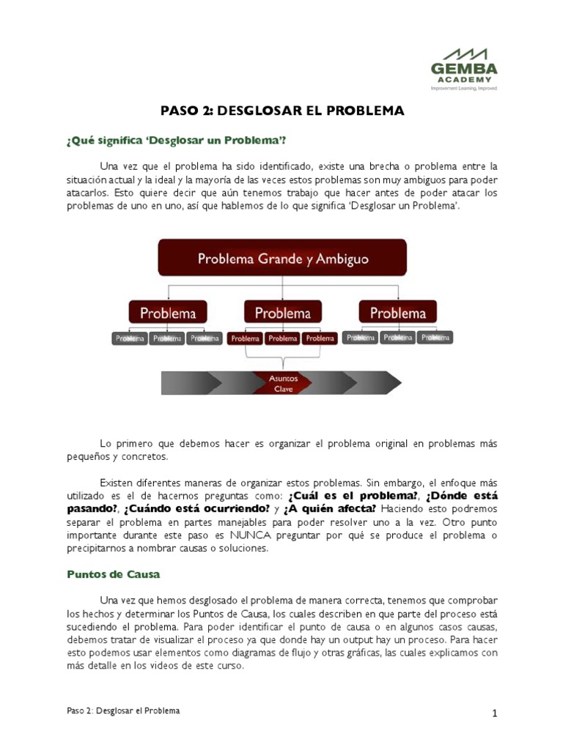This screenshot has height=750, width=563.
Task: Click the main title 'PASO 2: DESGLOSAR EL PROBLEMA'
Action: click(282, 111)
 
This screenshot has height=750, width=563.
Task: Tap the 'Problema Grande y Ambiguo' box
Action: click(282, 259)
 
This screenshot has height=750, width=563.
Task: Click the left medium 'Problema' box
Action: click(168, 313)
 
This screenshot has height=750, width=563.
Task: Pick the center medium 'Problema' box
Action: click(282, 313)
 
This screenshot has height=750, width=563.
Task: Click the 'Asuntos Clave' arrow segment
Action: click(282, 383)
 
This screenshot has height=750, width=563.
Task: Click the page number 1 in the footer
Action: click(495, 713)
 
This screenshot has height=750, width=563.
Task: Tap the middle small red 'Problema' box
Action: click(282, 338)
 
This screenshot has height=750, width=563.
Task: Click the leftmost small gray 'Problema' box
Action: click(130, 338)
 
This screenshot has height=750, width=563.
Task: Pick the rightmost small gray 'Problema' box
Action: click(435, 338)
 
